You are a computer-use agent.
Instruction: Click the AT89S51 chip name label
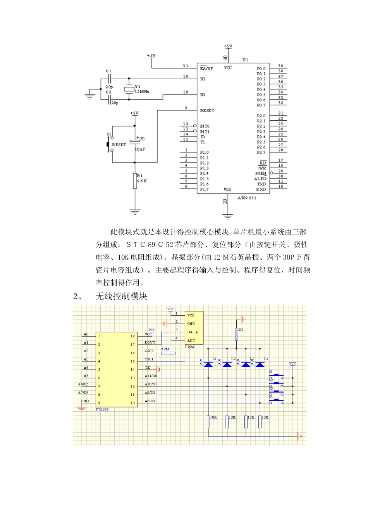coord(247,198)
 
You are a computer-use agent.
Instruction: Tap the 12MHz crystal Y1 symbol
coord(129,89)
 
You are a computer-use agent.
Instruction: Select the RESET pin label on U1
coord(207,111)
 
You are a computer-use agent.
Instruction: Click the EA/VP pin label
coord(206,68)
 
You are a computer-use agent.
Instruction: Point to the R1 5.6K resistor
coord(135,181)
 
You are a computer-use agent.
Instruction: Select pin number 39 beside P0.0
coord(280,66)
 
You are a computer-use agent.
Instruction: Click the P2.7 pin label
coord(261,152)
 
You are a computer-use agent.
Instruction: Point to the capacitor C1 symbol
coord(109,79)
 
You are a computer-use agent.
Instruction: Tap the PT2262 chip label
coord(102,409)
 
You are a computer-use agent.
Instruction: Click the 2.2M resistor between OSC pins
coord(168,353)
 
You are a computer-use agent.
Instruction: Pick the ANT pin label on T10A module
coord(191,340)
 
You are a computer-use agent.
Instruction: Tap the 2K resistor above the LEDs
coord(237,334)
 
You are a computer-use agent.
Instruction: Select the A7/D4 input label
coord(83,392)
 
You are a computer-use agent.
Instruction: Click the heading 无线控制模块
coord(121,296)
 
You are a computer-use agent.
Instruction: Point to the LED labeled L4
coord(260,364)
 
